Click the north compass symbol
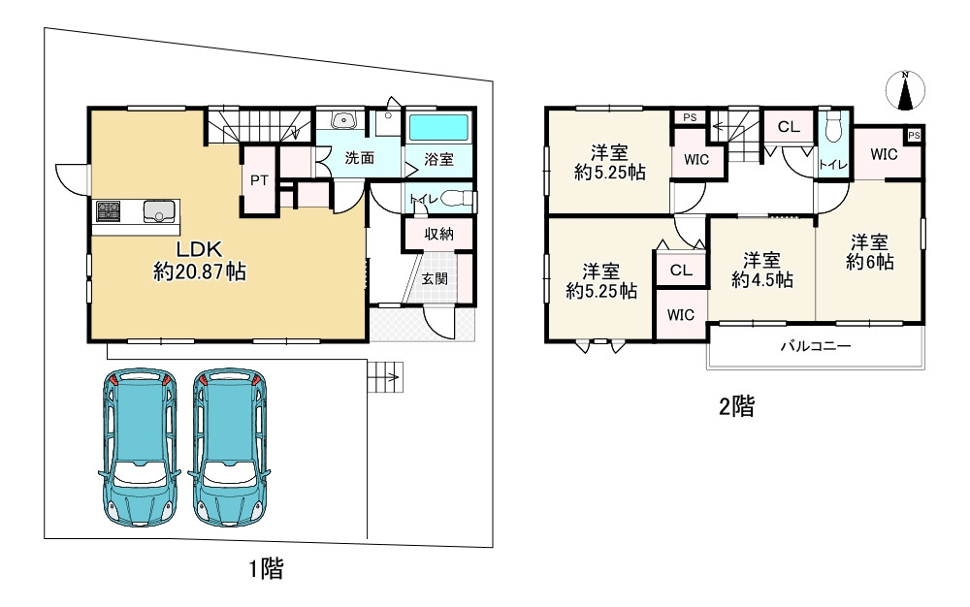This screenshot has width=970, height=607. click(905, 90)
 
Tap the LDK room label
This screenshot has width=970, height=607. click(200, 249)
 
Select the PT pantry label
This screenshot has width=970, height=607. click(259, 180)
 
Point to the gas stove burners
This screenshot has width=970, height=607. click(109, 211)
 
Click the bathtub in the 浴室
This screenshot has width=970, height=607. click(438, 127)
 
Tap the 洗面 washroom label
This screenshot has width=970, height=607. click(360, 158)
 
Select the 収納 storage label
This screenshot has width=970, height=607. click(438, 234)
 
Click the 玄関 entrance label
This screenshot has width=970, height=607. click(435, 279)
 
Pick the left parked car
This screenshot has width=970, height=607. click(139, 448)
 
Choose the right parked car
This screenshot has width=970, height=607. click(229, 448)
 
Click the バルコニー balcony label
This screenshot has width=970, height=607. click(816, 346)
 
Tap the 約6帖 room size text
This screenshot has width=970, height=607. click(870, 262)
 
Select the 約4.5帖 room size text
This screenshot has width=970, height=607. click(762, 279)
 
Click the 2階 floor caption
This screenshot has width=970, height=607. click(737, 406)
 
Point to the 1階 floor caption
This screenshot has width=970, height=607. click(267, 568)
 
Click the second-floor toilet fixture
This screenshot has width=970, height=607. click(834, 127)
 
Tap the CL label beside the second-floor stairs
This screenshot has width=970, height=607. click(788, 127)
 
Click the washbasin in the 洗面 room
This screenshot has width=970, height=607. click(342, 120)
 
